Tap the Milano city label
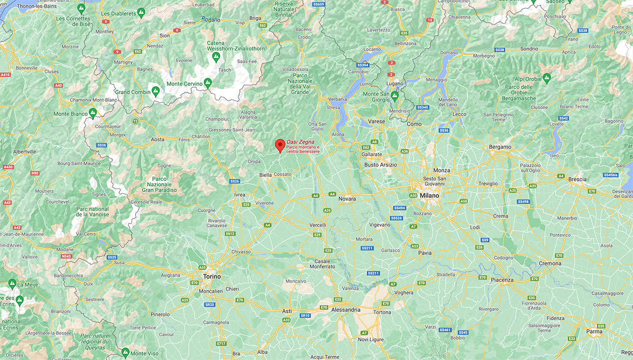coord(429,195)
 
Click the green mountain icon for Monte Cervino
coord(208,83)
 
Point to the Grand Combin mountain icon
coord(156,91)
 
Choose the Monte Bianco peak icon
coord(93,113)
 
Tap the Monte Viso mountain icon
coord(125,352)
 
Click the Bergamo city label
coord(500,147)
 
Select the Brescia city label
coord(577,179)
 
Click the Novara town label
coord(347,198)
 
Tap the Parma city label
coord(594,331)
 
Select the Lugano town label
coord(394,83)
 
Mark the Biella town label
coord(265,175)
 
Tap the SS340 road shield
coord(423,107)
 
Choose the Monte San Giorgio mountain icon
coord(394,95)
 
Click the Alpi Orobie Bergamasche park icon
coord(546,78)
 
